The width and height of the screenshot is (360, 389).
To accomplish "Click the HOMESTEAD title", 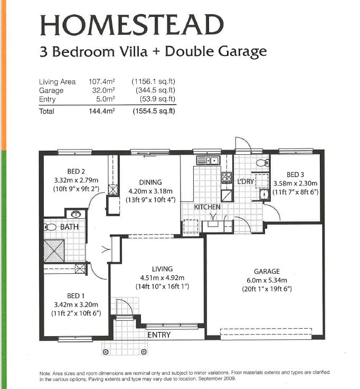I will [132, 25].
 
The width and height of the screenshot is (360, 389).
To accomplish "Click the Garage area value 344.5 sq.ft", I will [153, 90].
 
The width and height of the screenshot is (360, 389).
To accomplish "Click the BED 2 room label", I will [76, 171].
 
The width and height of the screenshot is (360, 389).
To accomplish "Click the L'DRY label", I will [246, 181].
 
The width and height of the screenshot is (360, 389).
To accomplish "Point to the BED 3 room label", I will [296, 174].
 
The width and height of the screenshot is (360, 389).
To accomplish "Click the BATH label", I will [69, 227].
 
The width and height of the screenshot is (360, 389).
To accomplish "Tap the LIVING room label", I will [162, 269].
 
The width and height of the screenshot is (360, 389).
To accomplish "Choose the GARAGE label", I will [266, 271].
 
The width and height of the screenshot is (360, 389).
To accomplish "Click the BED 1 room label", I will [75, 296].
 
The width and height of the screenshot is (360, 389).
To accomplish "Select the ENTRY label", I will [159, 335].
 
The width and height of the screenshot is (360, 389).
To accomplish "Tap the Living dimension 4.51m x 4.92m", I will [162, 277].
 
